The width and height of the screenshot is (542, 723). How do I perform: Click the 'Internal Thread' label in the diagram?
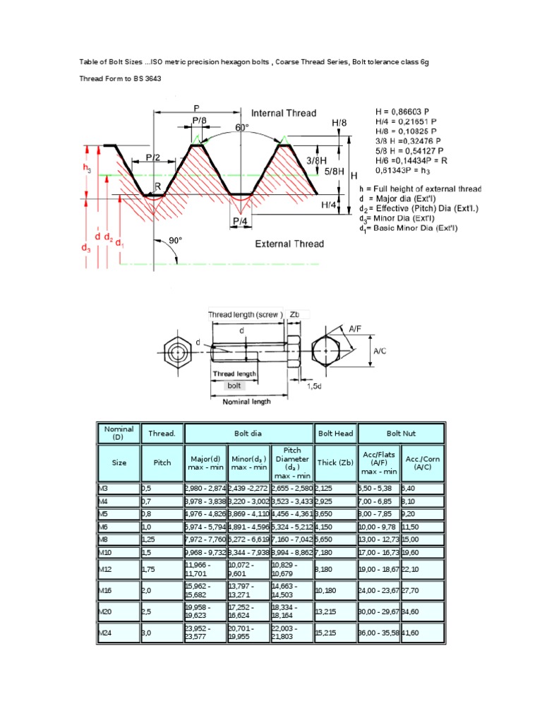pyautogui.click(x=284, y=113)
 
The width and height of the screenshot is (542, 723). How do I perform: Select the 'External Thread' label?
pyautogui.click(x=289, y=244)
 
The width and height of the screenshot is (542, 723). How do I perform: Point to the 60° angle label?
pyautogui.click(x=242, y=128)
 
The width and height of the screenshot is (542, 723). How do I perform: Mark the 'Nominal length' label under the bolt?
pyautogui.click(x=246, y=401)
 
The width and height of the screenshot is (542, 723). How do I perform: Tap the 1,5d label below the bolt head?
pyautogui.click(x=315, y=386)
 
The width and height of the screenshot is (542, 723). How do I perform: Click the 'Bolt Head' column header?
pyautogui.click(x=335, y=433)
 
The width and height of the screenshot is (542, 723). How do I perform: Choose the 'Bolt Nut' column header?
pyautogui.click(x=402, y=433)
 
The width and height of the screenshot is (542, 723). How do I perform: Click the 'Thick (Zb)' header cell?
pyautogui.click(x=335, y=462)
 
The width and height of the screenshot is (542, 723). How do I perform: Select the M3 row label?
pyautogui.click(x=104, y=488)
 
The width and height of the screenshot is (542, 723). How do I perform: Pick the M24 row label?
pyautogui.click(x=106, y=633)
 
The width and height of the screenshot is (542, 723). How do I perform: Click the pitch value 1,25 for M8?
pyautogui.click(x=148, y=539)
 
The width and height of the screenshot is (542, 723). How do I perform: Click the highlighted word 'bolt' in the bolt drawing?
pyautogui.click(x=233, y=386)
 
